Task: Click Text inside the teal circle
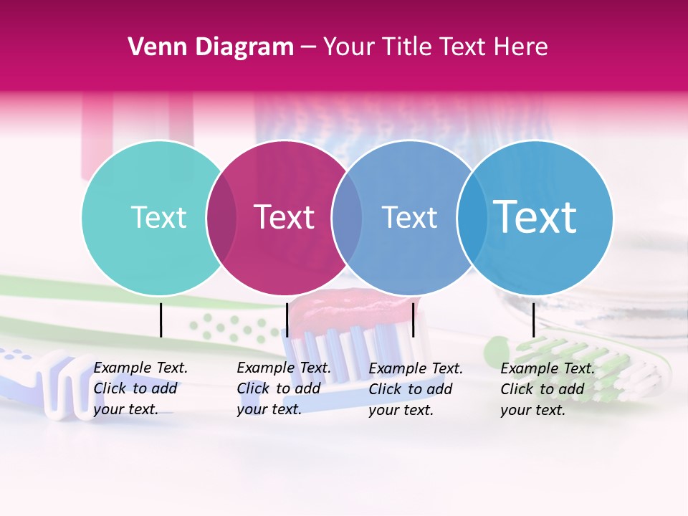pos(158,217)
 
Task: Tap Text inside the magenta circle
pos(284,217)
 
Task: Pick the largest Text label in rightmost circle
pos(535,217)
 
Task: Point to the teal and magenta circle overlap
pos(221,217)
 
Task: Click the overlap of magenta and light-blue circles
pos(346,217)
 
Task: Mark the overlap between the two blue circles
pos(471,217)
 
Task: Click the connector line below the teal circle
pos(161,320)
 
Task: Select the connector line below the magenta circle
pos(287,320)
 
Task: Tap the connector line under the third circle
pos(413,320)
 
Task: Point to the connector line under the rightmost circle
pos(534,320)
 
